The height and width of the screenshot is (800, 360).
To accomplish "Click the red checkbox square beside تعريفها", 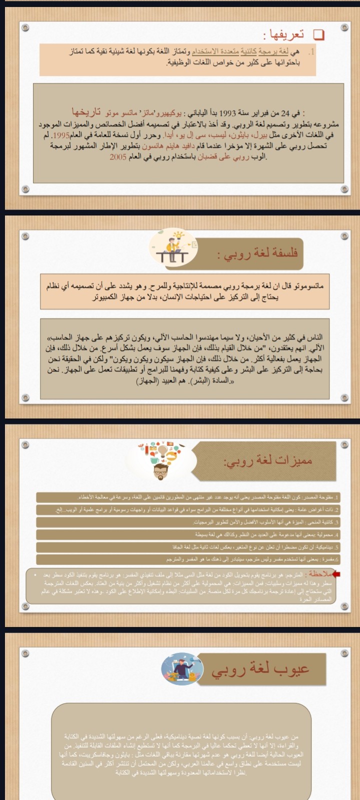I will coord(318,34).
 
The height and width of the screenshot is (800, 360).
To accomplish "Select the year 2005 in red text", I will coord(118,156).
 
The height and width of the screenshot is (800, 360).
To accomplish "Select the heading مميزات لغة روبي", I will coord(268,460).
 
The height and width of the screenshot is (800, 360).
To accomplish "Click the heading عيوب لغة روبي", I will coord(260,669).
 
